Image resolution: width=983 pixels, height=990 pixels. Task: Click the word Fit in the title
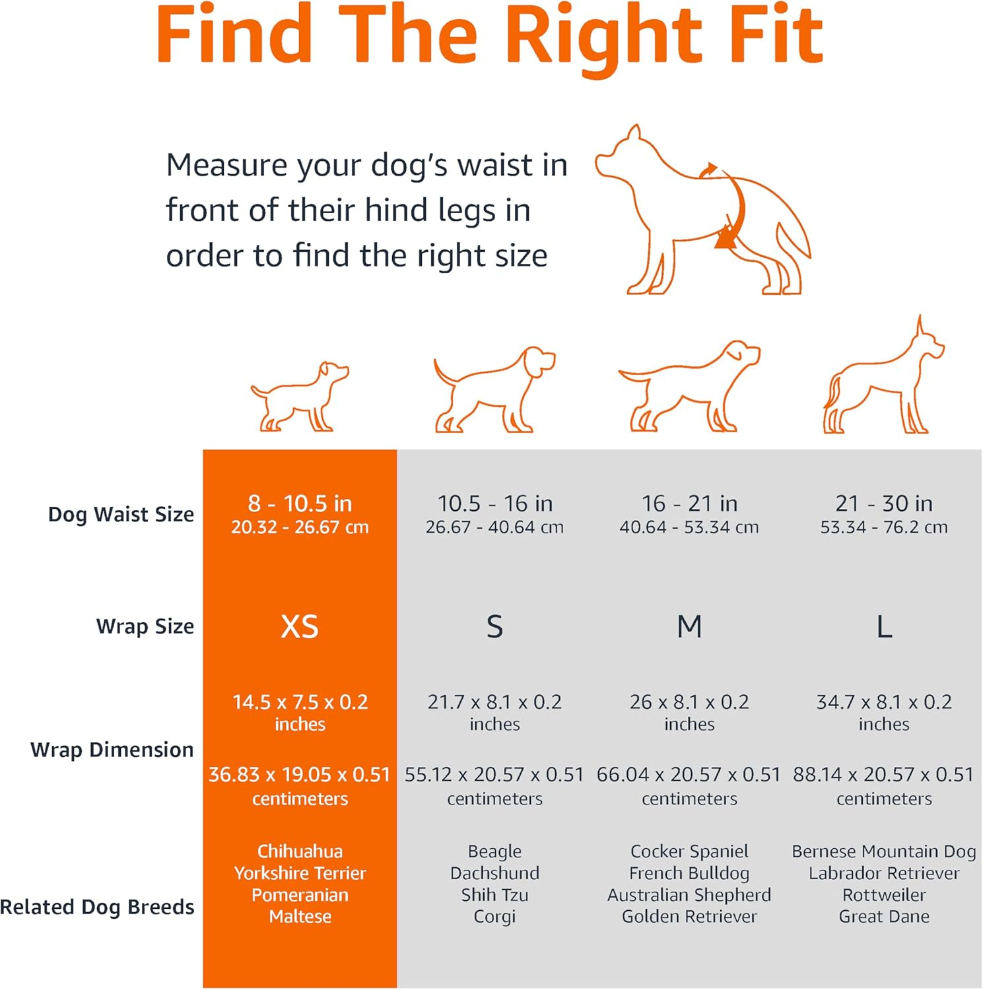[x=778, y=34]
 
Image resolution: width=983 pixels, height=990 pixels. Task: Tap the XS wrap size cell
[x=300, y=626]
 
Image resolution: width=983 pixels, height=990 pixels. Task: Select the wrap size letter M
[x=689, y=626]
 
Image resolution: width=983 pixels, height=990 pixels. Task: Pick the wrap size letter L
[x=884, y=626]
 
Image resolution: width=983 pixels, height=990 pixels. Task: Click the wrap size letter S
[x=494, y=626]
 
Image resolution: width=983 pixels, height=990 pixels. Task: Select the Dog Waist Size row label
[x=121, y=514]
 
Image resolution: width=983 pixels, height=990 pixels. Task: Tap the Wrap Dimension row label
[x=112, y=750]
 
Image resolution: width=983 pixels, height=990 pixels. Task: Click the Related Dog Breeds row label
[x=97, y=907]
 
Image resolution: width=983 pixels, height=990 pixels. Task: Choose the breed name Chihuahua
[x=300, y=851]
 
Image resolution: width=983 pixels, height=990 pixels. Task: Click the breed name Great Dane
[x=884, y=916]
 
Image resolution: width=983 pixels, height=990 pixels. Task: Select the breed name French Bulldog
[x=689, y=873]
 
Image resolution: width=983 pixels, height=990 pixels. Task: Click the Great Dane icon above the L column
[x=884, y=375]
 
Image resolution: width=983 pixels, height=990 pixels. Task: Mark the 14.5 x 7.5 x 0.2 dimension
[x=300, y=702]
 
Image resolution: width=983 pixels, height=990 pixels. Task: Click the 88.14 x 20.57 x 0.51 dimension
[x=883, y=774]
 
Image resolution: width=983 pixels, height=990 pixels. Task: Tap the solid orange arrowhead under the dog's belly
[x=726, y=238]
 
